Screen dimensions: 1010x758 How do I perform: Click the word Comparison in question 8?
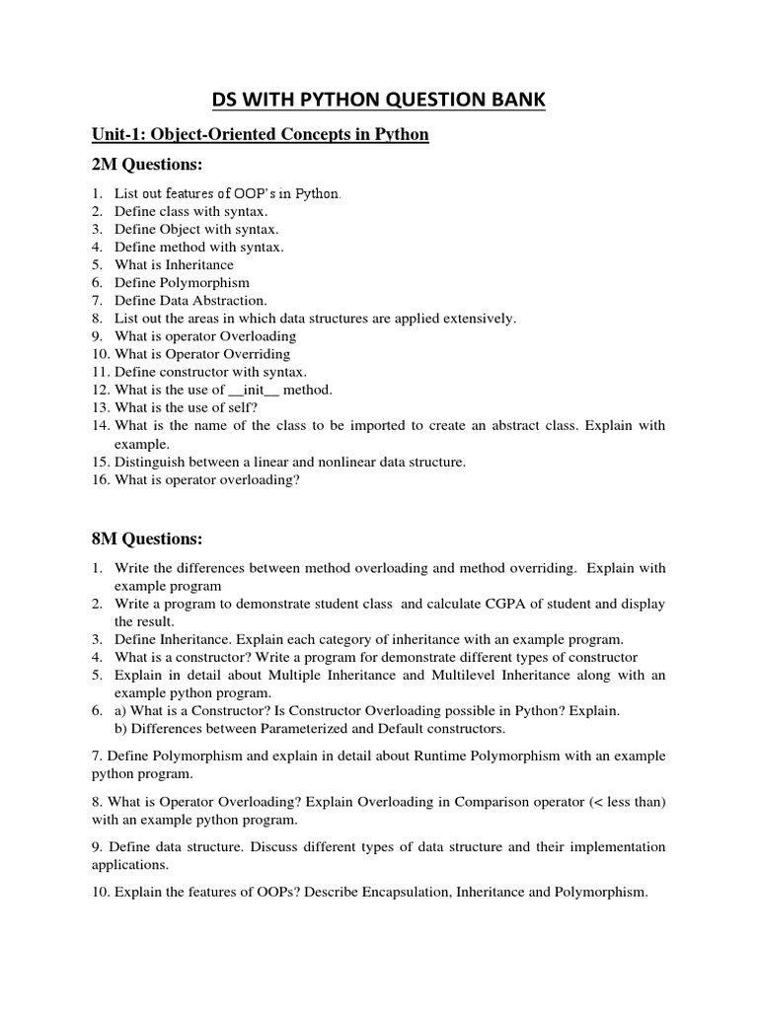(x=491, y=801)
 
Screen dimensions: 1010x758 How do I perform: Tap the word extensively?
(x=478, y=319)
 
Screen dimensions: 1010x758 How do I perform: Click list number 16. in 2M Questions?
(x=100, y=479)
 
